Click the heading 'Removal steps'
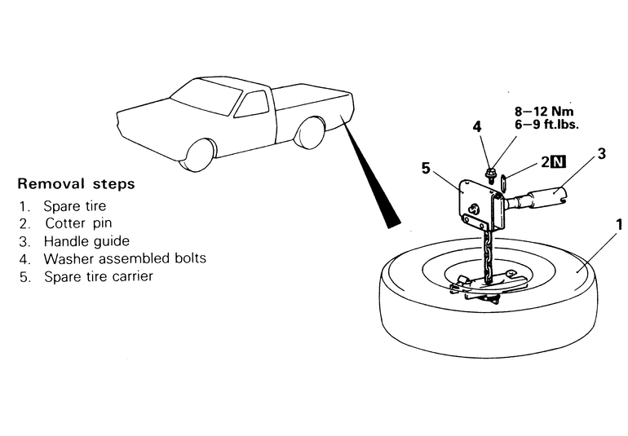click(x=76, y=183)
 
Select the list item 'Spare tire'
click(x=74, y=206)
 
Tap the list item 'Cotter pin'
click(x=78, y=223)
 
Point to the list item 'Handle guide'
click(x=86, y=241)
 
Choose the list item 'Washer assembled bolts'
click(x=124, y=258)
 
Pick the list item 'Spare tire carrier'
click(x=98, y=276)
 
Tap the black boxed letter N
click(x=558, y=161)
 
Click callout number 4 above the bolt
click(x=478, y=127)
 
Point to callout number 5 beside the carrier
click(x=425, y=168)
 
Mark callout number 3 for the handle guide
click(x=601, y=153)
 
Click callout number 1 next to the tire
click(x=619, y=222)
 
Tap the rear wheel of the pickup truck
click(x=310, y=133)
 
